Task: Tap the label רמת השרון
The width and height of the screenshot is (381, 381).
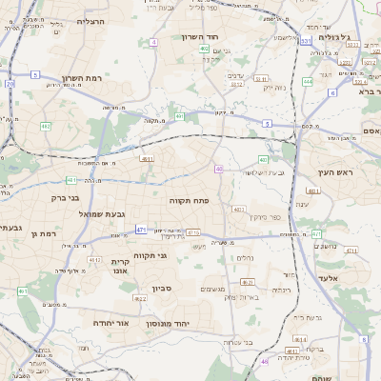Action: click(x=81, y=78)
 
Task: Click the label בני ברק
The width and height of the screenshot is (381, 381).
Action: click(x=65, y=198)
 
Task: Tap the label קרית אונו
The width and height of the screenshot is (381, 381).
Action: click(x=121, y=266)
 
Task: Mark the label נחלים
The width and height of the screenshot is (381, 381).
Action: click(x=245, y=257)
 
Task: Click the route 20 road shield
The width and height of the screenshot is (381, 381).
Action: click(x=10, y=84)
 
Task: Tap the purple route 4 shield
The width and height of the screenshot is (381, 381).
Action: click(x=153, y=42)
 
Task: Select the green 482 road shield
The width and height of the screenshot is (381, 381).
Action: click(x=45, y=126)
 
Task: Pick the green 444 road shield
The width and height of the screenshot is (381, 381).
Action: click(x=308, y=82)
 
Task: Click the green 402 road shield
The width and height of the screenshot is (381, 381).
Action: click(x=205, y=48)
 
